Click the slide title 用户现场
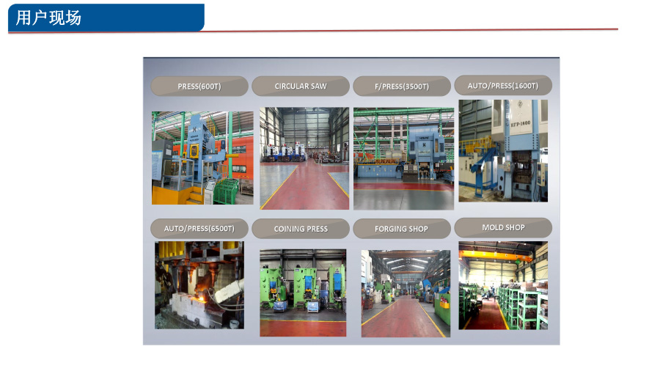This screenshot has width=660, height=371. (x=48, y=18)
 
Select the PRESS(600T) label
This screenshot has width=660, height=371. (x=199, y=87)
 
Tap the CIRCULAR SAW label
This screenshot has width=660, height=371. (x=301, y=86)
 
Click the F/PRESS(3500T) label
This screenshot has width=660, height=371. (x=402, y=87)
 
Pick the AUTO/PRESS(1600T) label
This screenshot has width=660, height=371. (x=503, y=85)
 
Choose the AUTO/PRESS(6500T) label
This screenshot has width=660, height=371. (x=199, y=229)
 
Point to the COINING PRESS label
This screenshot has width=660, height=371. (x=301, y=229)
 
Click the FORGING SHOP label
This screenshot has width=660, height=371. (x=402, y=229)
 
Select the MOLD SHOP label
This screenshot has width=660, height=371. (x=503, y=227)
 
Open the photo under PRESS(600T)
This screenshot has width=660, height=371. (x=202, y=158)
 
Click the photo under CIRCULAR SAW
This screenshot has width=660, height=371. (x=304, y=158)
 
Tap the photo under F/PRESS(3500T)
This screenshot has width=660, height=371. (x=403, y=158)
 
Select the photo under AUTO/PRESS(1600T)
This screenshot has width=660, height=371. (x=503, y=150)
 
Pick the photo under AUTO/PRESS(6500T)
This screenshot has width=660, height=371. (x=199, y=285)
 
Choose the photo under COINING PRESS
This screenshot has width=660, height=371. (x=303, y=293)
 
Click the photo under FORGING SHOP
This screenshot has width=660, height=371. (x=406, y=293)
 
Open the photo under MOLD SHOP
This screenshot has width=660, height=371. (x=503, y=285)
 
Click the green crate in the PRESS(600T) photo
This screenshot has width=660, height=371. (x=226, y=191)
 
